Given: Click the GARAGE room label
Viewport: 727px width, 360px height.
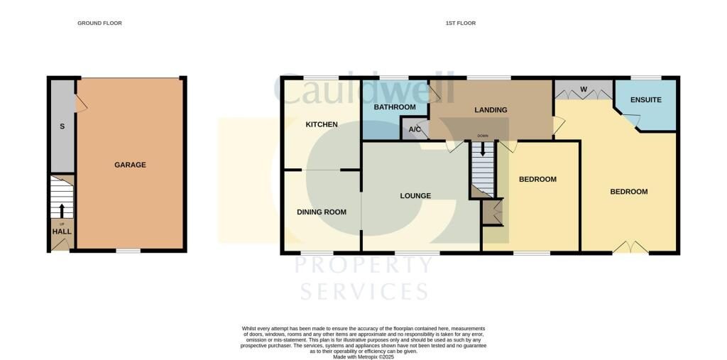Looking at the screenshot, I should tap(130, 165).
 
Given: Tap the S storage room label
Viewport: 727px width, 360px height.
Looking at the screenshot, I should tap(62, 126).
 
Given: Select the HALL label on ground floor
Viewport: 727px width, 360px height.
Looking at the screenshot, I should tap(62, 231).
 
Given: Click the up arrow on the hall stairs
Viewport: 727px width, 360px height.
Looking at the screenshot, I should tap(62, 211).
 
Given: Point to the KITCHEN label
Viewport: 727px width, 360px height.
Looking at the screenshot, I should tap(322, 125).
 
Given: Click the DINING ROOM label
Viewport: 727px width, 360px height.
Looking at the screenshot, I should tap(321, 212).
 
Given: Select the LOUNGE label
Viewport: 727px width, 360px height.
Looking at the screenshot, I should tap(415, 196).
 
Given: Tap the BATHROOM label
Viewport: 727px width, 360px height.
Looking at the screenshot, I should tap(395, 107).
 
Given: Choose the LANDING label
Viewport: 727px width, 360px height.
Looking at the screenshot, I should tap(491, 110).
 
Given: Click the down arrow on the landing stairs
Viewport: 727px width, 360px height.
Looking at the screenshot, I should tap(483, 149).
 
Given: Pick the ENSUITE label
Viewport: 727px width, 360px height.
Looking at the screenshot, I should tap(645, 100).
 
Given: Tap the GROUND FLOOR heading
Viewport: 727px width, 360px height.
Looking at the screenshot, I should tap(99, 23).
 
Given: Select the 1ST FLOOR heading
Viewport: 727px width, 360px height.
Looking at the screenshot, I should tap(460, 23).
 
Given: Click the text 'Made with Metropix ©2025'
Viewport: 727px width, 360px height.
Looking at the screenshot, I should tap(363, 357).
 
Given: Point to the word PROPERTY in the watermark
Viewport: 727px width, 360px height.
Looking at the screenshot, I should tap(363, 265).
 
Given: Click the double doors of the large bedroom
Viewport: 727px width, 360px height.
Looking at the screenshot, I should tap(630, 248).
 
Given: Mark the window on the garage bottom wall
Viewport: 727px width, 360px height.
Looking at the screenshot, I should tap(128, 251).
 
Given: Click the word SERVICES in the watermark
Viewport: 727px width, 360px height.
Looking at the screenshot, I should tap(363, 291).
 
